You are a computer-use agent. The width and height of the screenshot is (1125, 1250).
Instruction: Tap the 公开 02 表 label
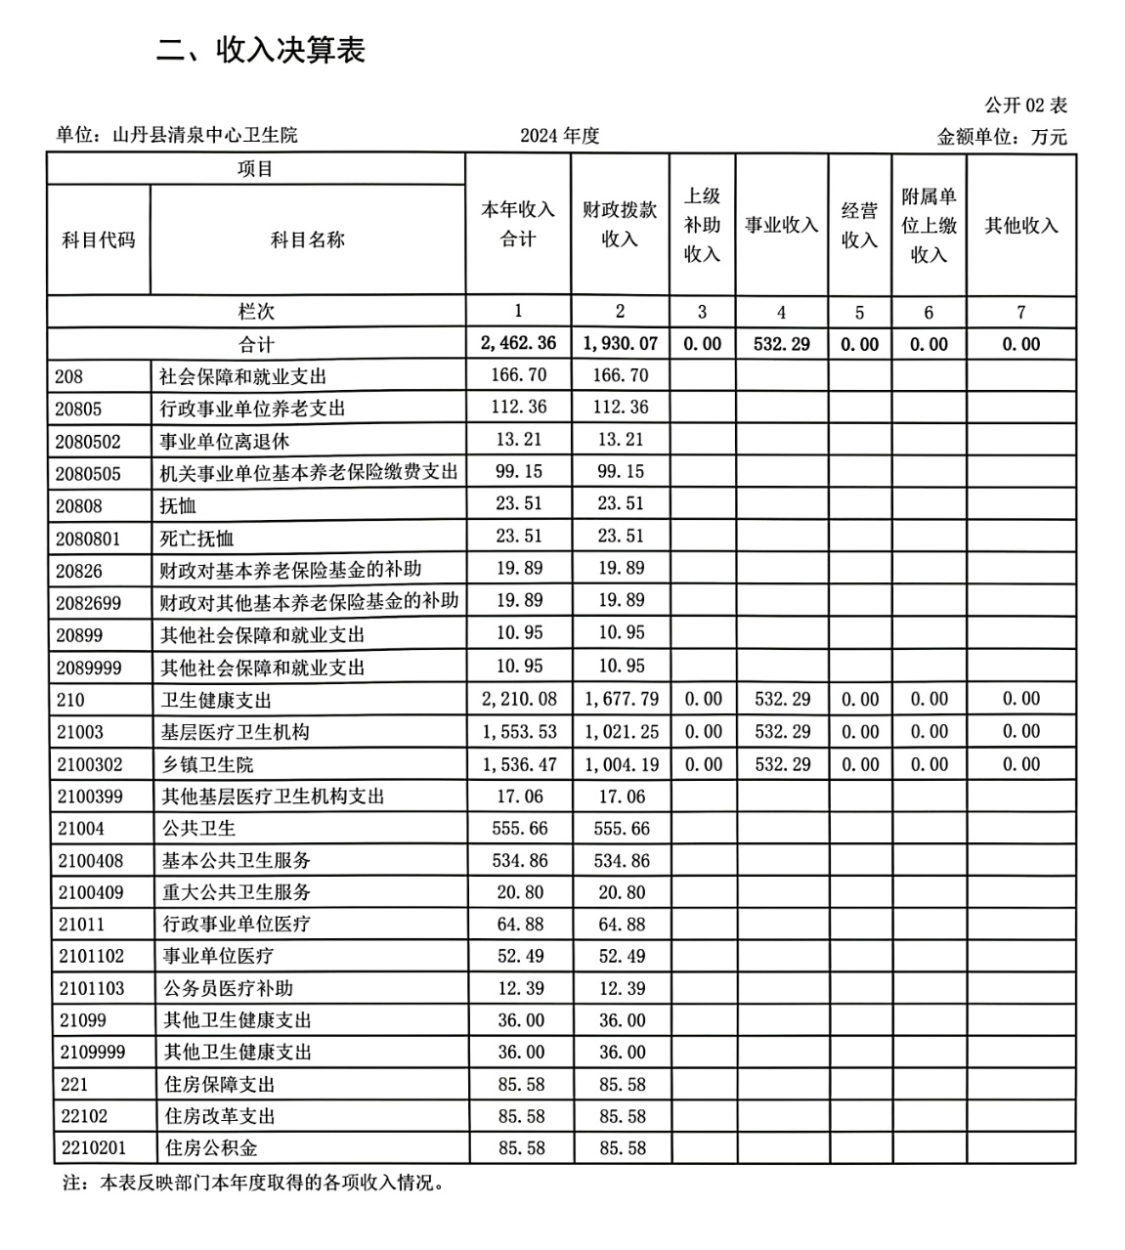1025,106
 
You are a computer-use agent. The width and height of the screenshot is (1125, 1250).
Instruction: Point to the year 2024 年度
559,136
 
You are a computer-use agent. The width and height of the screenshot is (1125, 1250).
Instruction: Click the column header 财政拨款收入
620,225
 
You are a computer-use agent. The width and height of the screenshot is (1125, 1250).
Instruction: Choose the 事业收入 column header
781,226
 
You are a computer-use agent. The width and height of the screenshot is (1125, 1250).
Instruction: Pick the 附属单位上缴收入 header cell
929,226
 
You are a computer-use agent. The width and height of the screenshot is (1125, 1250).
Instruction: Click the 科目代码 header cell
99,239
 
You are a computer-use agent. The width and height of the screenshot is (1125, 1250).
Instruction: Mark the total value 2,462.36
519,343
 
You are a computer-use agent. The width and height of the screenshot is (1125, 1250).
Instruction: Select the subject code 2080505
89,474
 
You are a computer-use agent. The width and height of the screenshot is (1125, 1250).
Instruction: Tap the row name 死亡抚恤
197,539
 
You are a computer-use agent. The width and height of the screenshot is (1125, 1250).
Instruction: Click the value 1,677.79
622,700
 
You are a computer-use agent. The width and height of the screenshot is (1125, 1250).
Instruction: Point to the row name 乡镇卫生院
208,764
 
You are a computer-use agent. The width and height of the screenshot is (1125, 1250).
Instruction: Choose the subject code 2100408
91,861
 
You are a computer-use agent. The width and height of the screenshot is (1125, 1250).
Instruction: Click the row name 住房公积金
212,1147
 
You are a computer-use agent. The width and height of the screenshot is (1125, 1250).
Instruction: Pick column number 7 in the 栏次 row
1021,313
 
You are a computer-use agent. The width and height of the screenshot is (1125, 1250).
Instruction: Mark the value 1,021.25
622,732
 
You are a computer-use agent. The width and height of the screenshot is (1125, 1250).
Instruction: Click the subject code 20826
79,571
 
